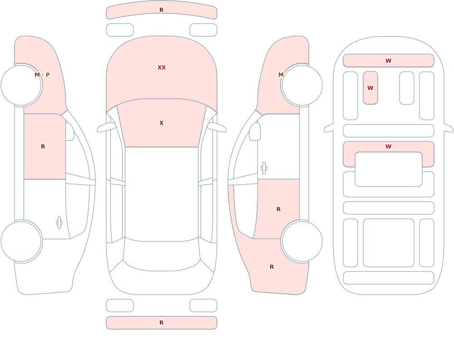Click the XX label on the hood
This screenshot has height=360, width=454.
point(162,68)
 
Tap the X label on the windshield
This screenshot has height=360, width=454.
point(162,123)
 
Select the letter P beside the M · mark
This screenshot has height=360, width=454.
point(48,75)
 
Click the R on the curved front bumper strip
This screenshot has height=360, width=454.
point(162,10)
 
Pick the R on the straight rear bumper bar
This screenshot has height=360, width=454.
point(162,323)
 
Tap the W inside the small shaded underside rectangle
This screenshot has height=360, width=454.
point(370,88)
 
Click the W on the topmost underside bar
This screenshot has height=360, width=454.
point(389,60)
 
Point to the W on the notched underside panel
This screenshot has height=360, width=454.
point(389,146)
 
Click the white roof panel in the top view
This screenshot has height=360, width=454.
point(162,194)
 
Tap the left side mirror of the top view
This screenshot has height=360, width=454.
point(106,127)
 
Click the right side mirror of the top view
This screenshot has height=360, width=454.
point(217,127)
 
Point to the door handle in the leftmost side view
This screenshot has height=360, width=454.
point(59,223)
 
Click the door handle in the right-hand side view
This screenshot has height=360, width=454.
point(264,168)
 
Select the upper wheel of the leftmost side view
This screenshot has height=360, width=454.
point(21,85)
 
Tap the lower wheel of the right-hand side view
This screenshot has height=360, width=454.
point(302,241)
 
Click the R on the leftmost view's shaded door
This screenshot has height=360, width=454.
point(43,147)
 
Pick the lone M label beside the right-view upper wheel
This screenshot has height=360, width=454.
point(281,75)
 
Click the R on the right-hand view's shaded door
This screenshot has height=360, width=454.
point(279,209)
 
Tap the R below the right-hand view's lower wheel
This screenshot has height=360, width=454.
point(271,267)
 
